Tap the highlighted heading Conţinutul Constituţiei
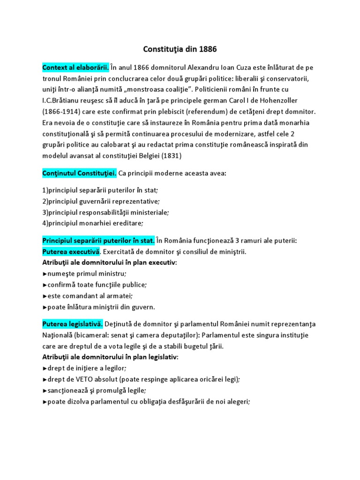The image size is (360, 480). click(x=79, y=173)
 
